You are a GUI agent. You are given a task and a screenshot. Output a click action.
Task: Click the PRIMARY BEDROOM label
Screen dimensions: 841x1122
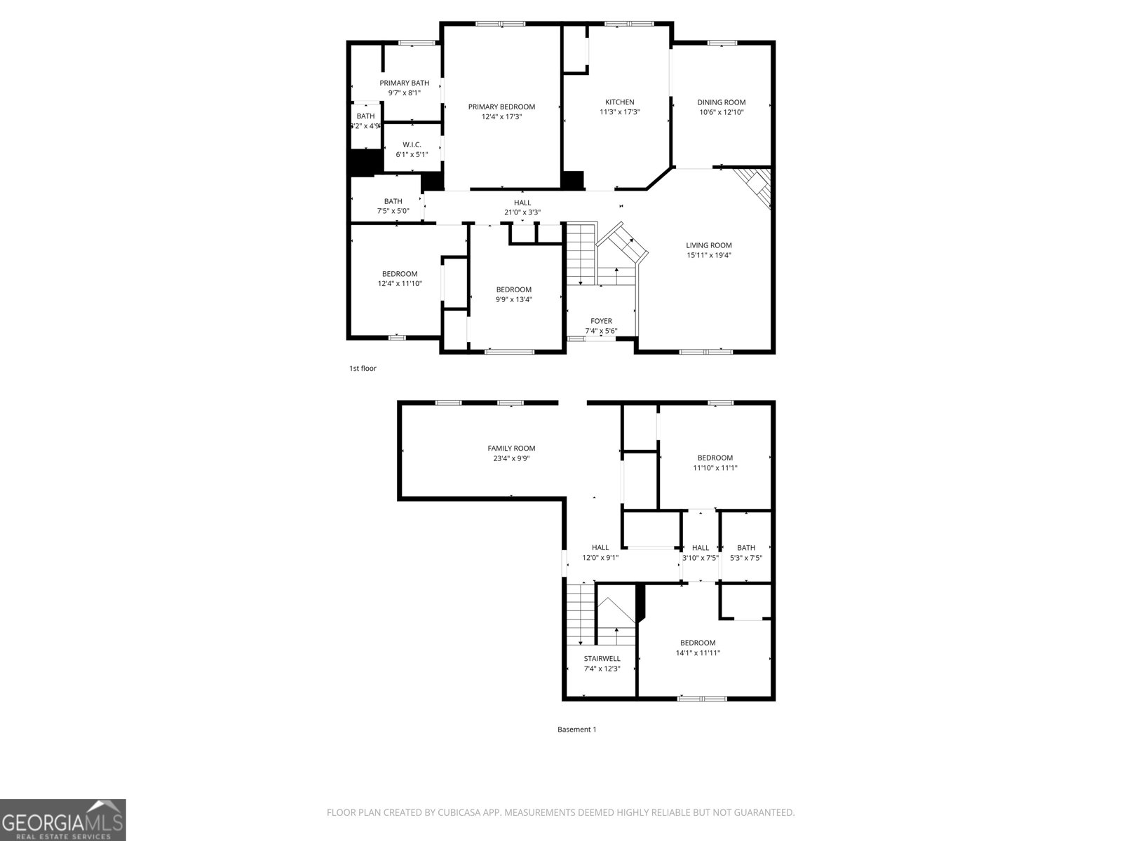click(x=501, y=107)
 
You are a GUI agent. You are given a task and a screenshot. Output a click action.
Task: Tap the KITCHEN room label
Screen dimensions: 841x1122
click(x=620, y=102)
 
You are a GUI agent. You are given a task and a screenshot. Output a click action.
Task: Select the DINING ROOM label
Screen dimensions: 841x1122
click(x=721, y=102)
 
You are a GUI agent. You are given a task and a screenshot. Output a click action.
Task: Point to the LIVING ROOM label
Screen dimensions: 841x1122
click(x=709, y=245)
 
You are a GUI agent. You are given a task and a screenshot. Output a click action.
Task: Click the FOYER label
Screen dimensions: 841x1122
click(x=601, y=321)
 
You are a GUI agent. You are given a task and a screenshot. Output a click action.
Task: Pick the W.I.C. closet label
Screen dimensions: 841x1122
click(x=412, y=145)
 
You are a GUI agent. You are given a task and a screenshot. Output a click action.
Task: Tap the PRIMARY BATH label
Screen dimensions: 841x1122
click(x=405, y=83)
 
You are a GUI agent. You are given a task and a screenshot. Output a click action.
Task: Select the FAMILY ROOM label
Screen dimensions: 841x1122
click(x=511, y=449)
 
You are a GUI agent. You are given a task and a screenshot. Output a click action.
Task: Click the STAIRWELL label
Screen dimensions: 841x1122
click(x=602, y=659)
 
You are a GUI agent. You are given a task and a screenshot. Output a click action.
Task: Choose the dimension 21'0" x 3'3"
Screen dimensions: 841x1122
click(x=522, y=212)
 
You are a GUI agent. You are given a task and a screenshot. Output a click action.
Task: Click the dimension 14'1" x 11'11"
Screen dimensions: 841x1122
click(x=698, y=653)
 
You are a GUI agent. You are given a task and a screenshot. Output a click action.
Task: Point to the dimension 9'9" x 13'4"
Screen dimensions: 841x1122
click(x=513, y=299)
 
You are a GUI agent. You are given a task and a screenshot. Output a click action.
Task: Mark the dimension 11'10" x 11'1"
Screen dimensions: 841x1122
click(x=715, y=468)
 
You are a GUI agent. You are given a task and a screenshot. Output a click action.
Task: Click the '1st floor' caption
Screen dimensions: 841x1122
click(x=363, y=369)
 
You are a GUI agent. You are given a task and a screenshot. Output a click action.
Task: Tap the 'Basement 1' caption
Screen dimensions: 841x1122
click(x=576, y=730)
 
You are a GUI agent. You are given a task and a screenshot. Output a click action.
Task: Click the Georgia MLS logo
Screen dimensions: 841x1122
click(x=62, y=820)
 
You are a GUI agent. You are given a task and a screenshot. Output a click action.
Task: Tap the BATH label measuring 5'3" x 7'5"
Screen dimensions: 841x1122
click(x=746, y=548)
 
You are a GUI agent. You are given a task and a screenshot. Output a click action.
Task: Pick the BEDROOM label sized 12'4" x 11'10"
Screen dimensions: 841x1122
click(x=400, y=274)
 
